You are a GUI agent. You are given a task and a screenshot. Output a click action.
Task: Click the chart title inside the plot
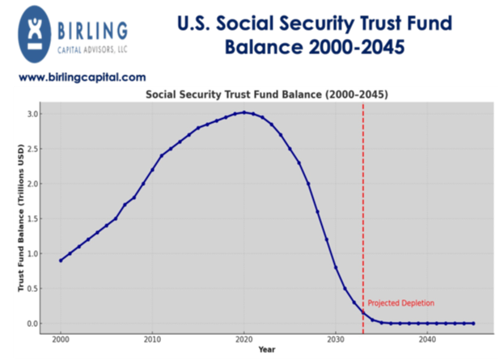(267, 94)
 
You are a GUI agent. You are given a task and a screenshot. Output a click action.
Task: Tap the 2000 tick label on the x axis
(61, 340)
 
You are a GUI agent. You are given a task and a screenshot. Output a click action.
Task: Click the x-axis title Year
(267, 349)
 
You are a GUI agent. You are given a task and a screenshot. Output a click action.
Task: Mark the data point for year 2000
(61, 260)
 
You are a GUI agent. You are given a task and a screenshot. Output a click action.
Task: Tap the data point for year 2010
(152, 170)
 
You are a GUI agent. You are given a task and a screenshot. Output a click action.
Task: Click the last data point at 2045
(473, 324)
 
